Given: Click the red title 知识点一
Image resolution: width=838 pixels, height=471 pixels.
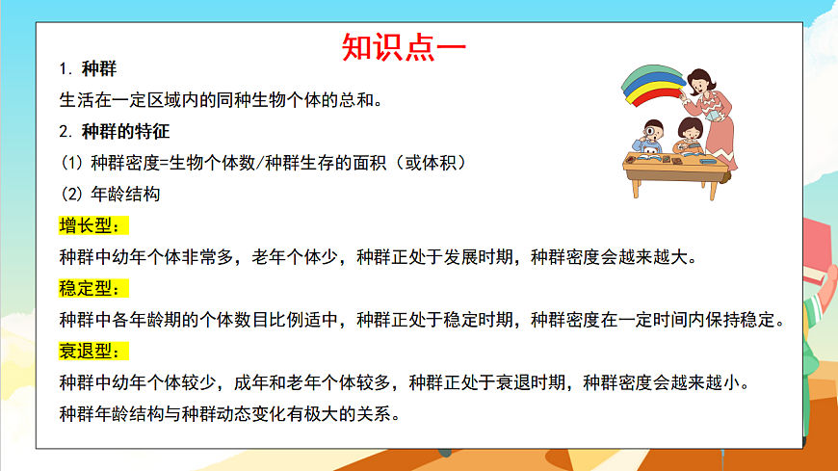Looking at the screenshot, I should pyautogui.click(x=405, y=47).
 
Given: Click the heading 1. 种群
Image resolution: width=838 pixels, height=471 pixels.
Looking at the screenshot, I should pyautogui.click(x=89, y=69).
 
